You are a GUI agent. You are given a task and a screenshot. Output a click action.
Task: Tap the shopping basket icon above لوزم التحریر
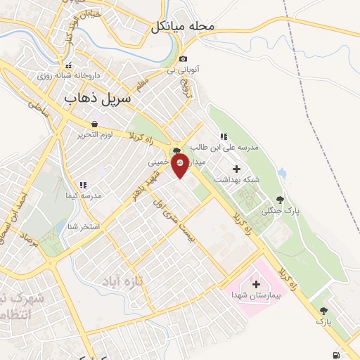click(94, 124)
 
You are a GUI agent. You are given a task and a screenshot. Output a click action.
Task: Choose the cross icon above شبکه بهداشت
click(236, 169)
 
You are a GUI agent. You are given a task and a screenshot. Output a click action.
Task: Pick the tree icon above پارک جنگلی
click(281, 200)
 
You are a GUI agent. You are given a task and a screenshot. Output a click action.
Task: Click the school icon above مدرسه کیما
click(82, 185)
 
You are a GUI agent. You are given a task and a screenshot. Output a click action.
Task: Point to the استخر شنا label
click(84, 226)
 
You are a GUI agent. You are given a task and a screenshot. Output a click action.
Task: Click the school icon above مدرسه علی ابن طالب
click(223, 136)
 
